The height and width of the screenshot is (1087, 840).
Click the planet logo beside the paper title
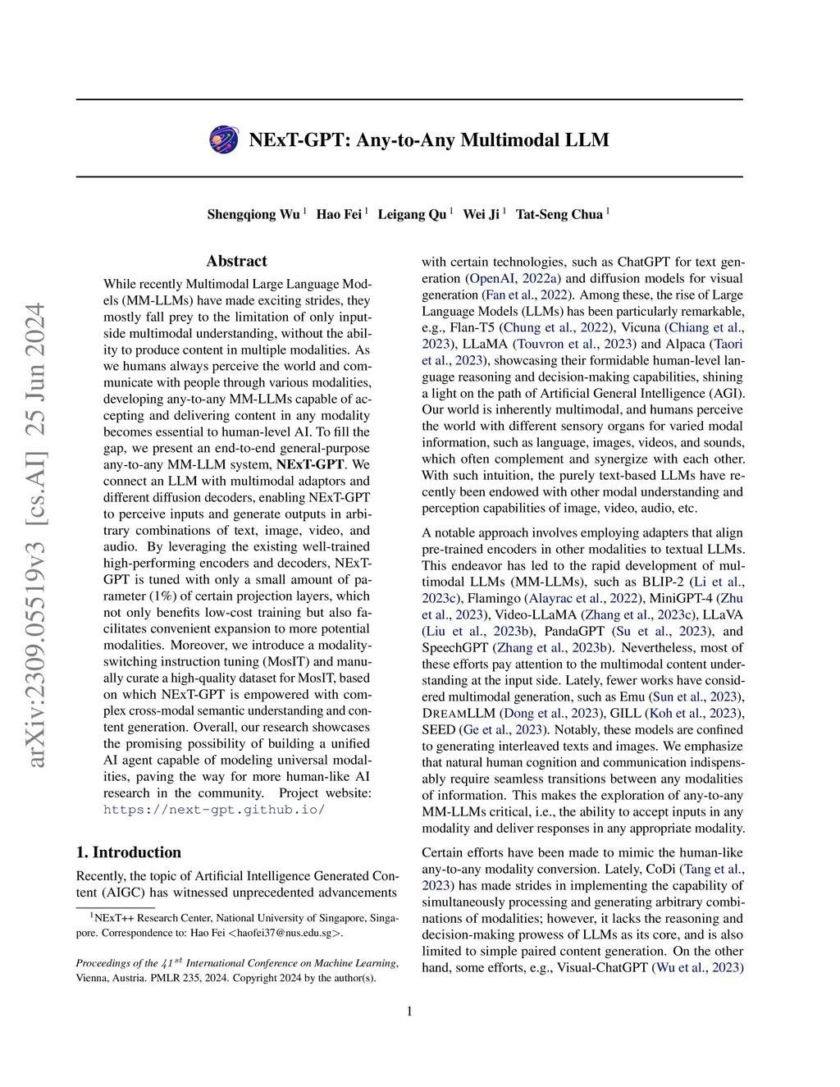click(x=224, y=139)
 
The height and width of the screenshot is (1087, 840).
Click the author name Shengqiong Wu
click(x=253, y=214)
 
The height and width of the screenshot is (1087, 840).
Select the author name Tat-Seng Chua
click(x=559, y=214)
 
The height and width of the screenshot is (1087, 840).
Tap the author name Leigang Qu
click(x=412, y=214)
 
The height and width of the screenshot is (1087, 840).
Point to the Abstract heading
click(x=236, y=261)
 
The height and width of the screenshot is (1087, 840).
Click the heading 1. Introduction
click(x=128, y=852)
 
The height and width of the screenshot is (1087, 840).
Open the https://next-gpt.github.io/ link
click(x=214, y=810)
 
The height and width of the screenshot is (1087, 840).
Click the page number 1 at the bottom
click(x=409, y=1011)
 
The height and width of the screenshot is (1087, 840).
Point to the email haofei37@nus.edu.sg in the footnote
click(x=283, y=933)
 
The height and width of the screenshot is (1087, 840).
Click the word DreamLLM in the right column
click(x=458, y=713)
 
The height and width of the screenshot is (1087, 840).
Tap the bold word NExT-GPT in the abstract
click(x=309, y=464)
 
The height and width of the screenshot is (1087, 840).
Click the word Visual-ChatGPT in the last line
click(x=603, y=968)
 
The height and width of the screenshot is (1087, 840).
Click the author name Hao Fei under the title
click(x=339, y=214)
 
